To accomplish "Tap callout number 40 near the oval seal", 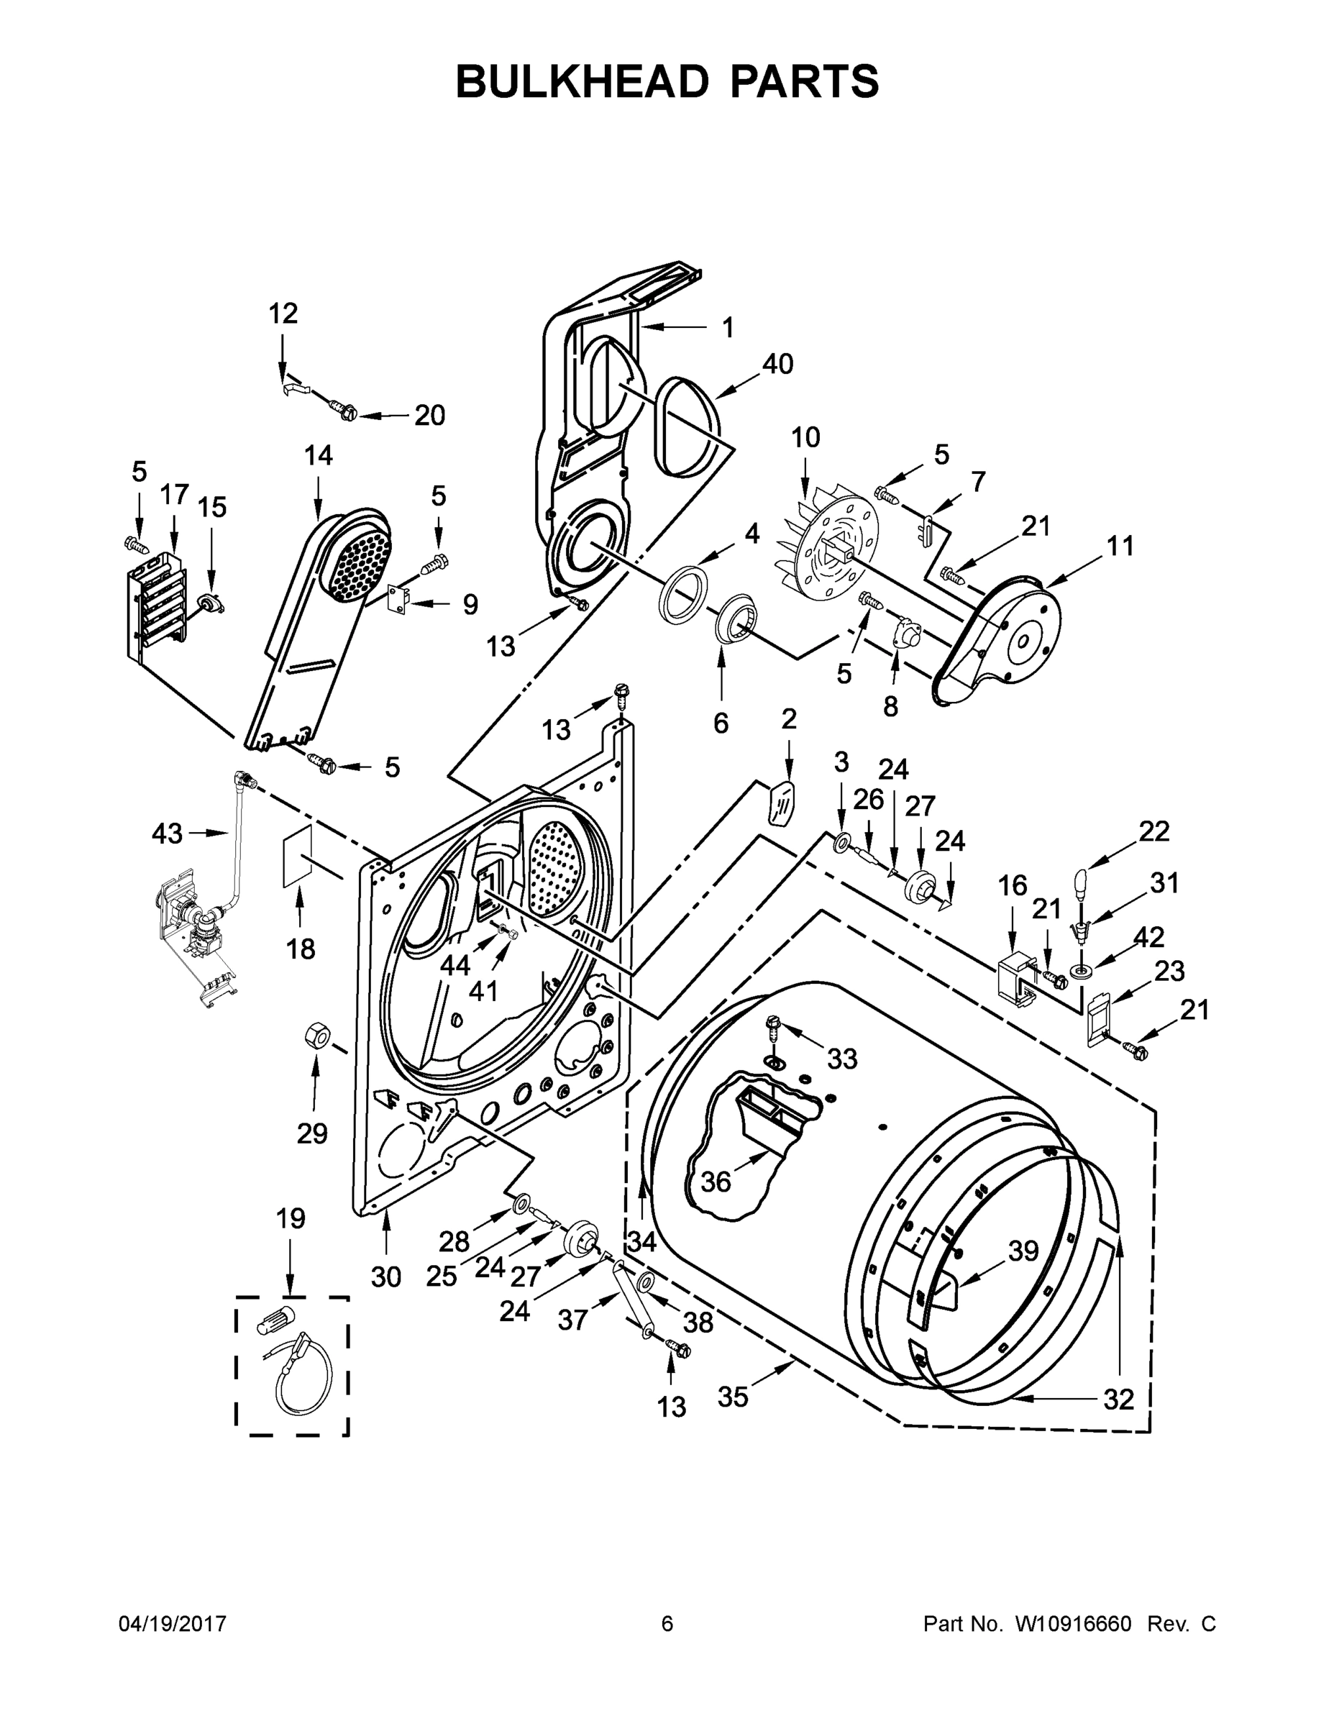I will [x=777, y=365].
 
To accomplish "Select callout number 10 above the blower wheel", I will [x=805, y=437].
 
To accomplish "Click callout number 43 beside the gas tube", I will [x=167, y=833].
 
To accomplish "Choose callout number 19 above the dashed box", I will [x=290, y=1218].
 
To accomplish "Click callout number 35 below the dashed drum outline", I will [x=733, y=1397].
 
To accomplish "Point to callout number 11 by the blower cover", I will [x=1120, y=545].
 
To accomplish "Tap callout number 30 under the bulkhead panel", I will [x=385, y=1277].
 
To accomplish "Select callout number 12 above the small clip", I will [x=283, y=314].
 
